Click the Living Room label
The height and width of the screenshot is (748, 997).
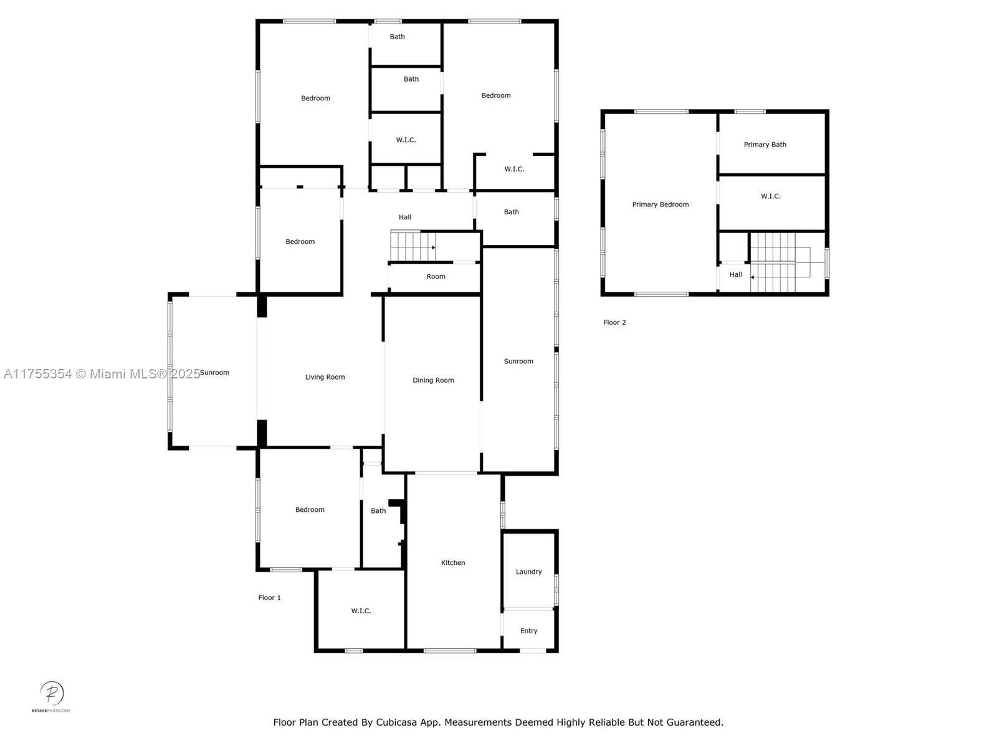click(325, 377)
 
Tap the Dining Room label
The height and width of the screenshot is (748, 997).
click(433, 380)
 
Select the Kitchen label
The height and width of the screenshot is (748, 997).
click(453, 563)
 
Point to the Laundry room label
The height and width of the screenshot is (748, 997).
click(528, 572)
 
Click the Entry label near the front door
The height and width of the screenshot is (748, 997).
click(528, 631)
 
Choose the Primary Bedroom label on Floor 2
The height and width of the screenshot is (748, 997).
click(660, 204)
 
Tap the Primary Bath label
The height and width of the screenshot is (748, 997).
click(765, 145)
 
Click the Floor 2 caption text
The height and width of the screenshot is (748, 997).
click(614, 322)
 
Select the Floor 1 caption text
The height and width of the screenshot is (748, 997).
click(269, 598)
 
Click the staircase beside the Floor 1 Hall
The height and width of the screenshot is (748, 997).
click(412, 246)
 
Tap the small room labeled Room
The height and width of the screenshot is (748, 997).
click(436, 277)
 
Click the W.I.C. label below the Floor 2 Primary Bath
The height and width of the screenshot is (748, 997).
click(770, 196)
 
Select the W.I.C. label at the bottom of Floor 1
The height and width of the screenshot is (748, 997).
click(361, 611)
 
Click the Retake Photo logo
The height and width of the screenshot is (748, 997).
click(52, 695)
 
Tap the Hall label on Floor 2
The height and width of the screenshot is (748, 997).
click(735, 274)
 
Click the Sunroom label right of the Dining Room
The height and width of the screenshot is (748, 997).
click(518, 362)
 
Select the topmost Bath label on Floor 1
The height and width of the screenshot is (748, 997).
click(397, 37)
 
